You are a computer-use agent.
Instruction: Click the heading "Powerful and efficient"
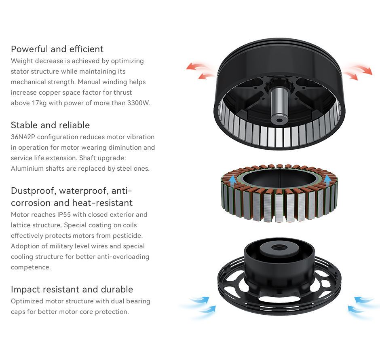click(57, 49)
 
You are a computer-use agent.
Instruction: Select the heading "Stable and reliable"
click(50, 125)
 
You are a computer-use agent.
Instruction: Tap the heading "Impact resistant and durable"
click(72, 290)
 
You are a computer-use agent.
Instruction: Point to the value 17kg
click(39, 103)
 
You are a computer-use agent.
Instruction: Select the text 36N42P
click(23, 137)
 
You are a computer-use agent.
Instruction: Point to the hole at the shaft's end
click(279, 120)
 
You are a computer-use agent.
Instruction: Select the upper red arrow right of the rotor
click(361, 69)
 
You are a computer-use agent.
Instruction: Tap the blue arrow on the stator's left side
click(233, 180)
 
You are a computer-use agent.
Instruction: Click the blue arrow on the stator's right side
click(327, 180)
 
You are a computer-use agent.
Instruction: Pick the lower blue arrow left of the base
click(206, 309)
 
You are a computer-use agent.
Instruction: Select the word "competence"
click(31, 267)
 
